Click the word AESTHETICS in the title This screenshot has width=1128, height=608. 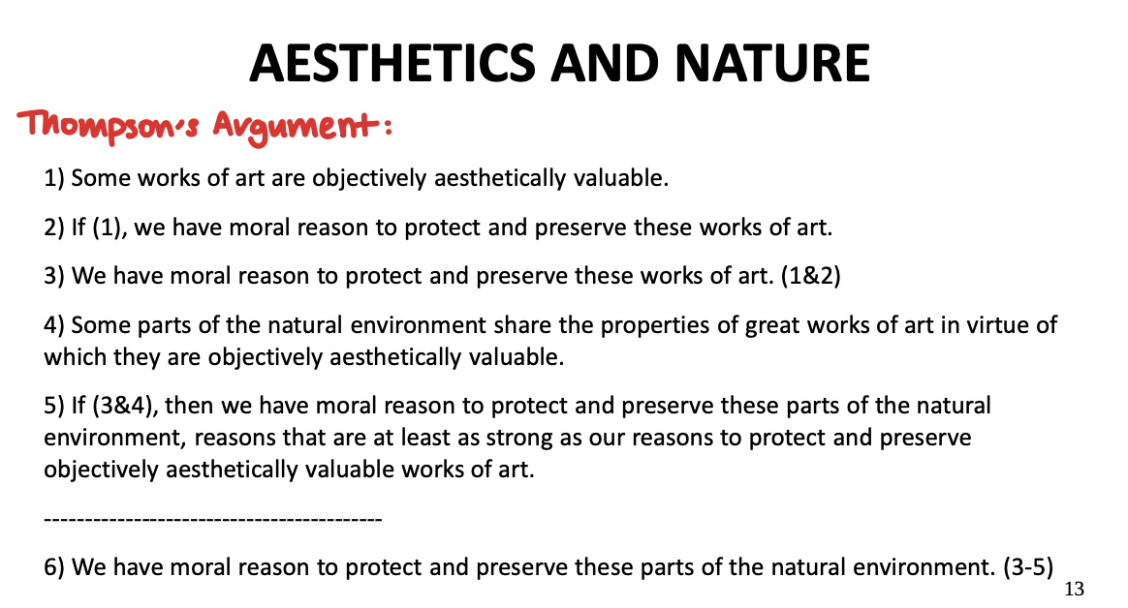392,63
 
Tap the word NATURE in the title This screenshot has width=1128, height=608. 772,63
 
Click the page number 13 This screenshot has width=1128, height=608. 1074,590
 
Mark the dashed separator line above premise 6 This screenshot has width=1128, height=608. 213,519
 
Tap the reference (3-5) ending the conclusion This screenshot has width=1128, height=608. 1028,567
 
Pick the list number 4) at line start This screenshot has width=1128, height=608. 54,325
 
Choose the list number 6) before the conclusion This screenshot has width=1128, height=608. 54,567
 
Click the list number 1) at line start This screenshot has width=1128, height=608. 54,177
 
